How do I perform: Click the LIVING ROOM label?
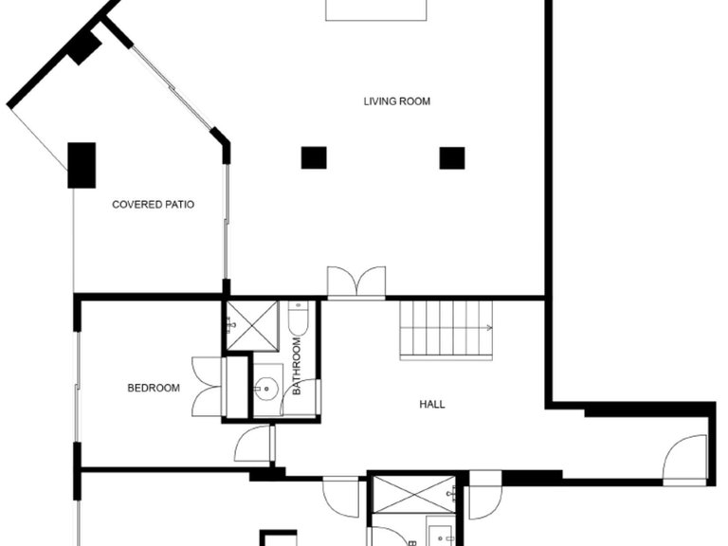point(397,101)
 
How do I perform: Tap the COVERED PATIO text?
point(154,204)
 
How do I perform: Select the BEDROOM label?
point(154,388)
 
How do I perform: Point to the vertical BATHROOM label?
point(297,368)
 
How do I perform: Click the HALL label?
point(432,405)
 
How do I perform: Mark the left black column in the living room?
point(314,157)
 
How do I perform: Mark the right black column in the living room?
point(452,157)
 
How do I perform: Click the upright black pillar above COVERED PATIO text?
point(82,164)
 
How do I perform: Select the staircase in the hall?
point(446,330)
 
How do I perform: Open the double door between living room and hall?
point(356,282)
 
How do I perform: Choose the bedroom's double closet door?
point(207,387)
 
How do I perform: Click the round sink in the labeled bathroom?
point(268,387)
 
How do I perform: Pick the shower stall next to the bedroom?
point(251,326)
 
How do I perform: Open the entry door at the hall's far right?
point(685,459)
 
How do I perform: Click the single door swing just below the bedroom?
point(254,443)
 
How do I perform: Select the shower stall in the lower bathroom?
point(414,493)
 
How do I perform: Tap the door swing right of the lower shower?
point(484,497)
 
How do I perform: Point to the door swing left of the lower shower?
point(341,496)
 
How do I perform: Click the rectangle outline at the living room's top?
point(376,9)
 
